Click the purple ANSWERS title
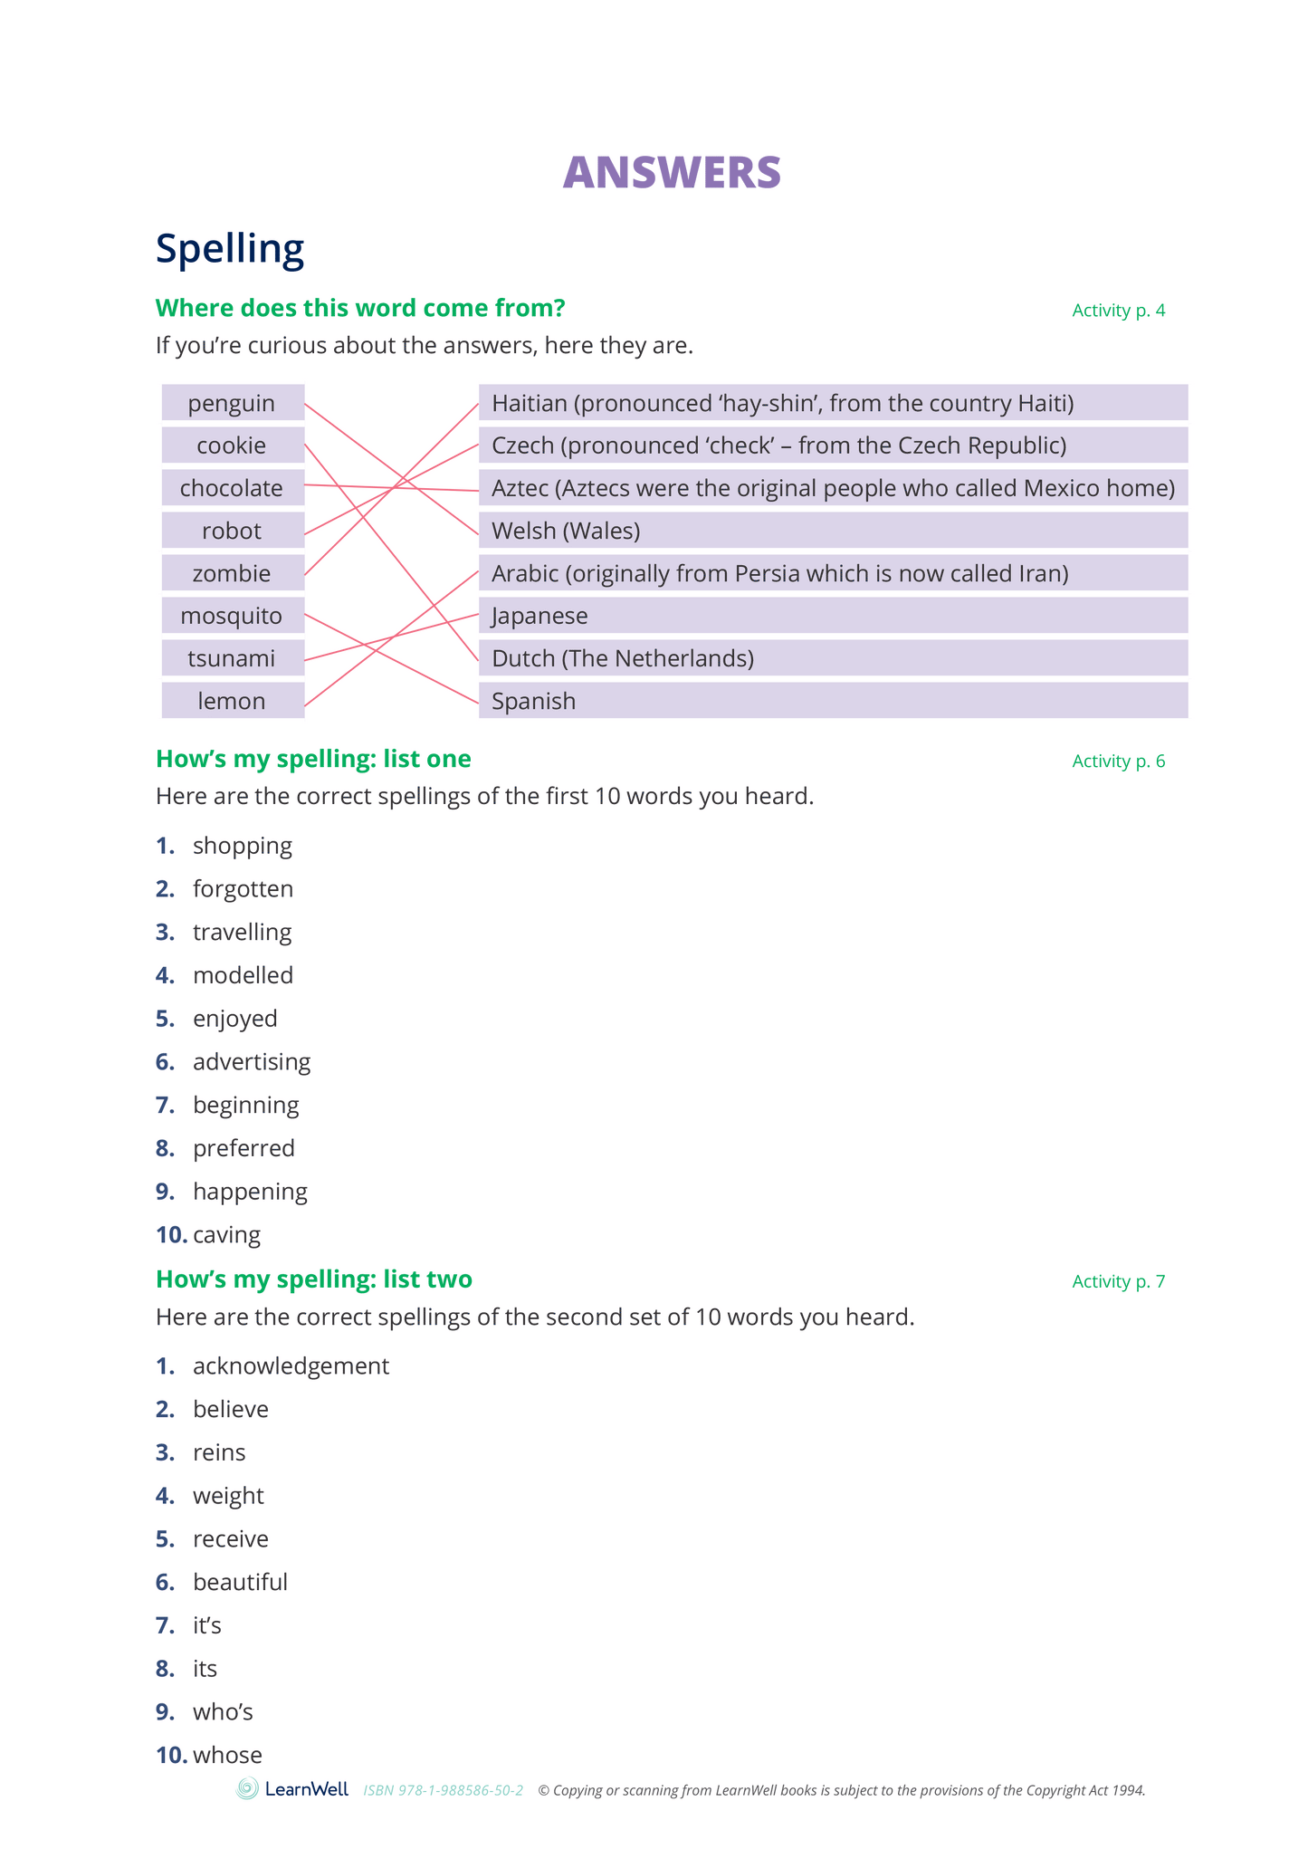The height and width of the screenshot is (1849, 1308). (671, 172)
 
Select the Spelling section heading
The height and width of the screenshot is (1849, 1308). (230, 248)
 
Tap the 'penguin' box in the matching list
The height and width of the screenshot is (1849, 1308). (233, 403)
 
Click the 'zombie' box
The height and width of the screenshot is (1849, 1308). (233, 573)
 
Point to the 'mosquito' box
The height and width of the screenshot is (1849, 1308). (233, 616)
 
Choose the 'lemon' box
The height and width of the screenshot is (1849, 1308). (233, 701)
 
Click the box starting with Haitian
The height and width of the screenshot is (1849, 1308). (832, 403)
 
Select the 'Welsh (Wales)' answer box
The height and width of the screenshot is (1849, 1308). (832, 531)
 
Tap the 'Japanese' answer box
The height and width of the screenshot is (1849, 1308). (832, 616)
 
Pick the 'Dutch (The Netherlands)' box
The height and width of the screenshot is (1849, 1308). (832, 658)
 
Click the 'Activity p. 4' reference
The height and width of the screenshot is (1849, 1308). (1118, 311)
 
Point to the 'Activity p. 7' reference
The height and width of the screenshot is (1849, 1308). (1118, 1281)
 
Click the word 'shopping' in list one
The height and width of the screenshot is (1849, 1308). (242, 846)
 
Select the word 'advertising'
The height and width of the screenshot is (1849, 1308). (251, 1061)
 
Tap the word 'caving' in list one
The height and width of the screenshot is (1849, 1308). (226, 1234)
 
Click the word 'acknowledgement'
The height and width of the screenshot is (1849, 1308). (291, 1365)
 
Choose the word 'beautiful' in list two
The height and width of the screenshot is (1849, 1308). (240, 1582)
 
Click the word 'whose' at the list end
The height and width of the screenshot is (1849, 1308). (227, 1755)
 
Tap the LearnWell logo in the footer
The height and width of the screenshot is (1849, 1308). (292, 1789)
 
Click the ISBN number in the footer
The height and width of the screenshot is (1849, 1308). (443, 1790)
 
